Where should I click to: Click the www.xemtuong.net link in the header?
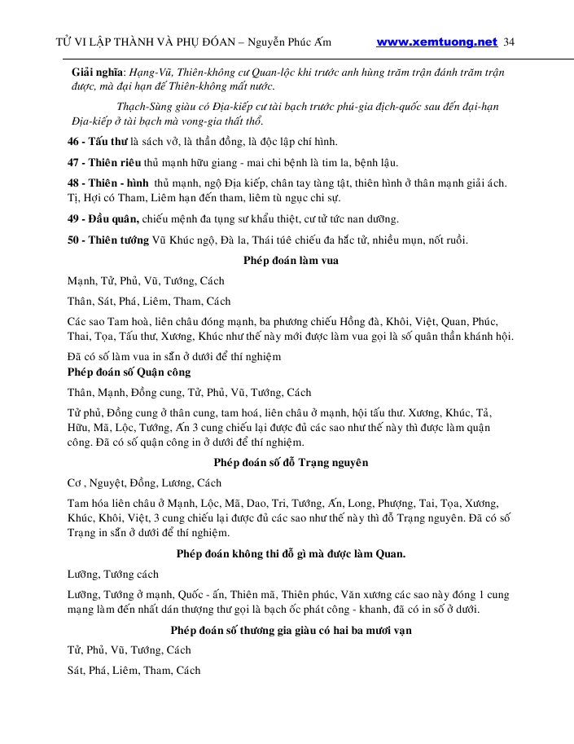coord(436,42)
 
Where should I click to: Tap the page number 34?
coord(510,42)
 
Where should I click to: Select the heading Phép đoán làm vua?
coord(291,261)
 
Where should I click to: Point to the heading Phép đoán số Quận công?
coord(129,372)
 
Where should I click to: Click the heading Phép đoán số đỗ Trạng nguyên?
coord(291,463)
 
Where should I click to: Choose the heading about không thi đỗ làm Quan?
coord(291,554)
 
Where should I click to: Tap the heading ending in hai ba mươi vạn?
coord(291,630)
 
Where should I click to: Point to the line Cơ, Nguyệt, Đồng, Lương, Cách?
coord(144,483)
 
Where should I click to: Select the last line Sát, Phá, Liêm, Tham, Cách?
coord(134,671)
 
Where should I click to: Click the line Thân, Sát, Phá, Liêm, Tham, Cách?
coord(149,302)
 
